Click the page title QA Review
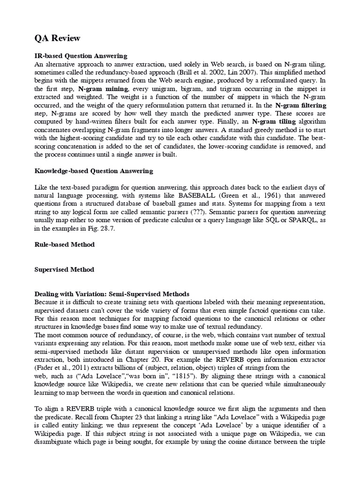[55, 38]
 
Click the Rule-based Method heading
[65, 244]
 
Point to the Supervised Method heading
[64, 269]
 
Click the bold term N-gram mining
[103, 88]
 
